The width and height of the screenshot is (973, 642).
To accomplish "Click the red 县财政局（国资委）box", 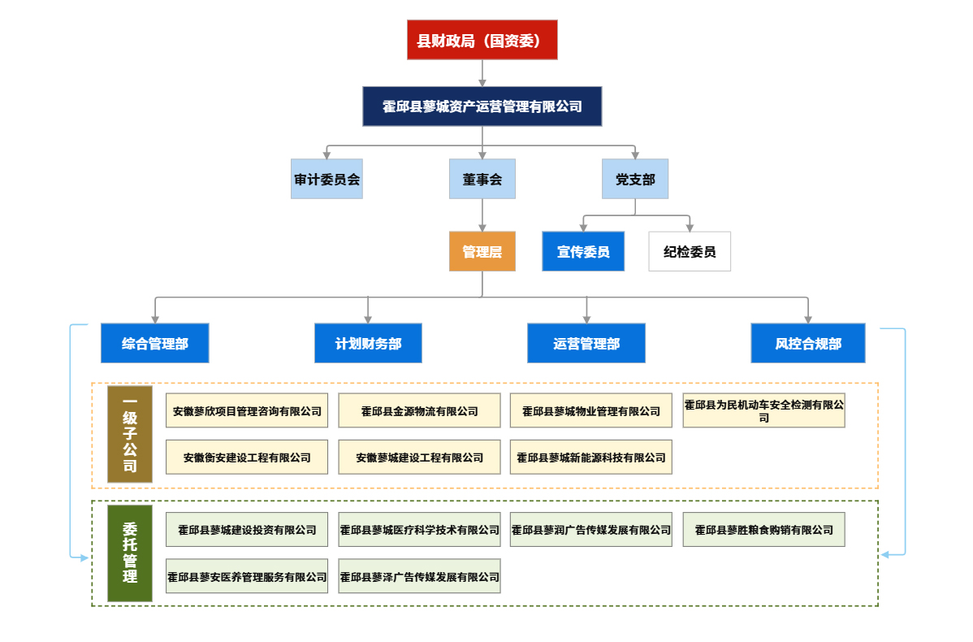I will coord(482,41).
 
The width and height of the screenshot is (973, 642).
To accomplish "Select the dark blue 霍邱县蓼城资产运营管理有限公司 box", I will coord(482,106).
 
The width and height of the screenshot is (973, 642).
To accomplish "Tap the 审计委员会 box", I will coord(326,179).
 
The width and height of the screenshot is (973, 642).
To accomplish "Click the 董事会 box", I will coord(482,179).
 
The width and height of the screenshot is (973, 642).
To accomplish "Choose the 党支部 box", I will coord(634,179).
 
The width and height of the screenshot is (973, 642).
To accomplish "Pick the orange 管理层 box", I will coord(482,252).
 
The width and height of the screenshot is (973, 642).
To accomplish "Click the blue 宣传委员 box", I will coord(583,252).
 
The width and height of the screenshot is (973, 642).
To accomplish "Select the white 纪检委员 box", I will coord(690,252).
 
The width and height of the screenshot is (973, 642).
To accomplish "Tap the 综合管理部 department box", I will coord(155,344).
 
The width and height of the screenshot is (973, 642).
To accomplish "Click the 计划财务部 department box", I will coord(369,344).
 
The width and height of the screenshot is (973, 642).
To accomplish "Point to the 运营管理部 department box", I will coord(586,344).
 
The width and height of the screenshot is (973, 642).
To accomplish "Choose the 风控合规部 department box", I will coord(808,344).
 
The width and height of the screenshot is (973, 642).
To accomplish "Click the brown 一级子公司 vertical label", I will coord(130,435).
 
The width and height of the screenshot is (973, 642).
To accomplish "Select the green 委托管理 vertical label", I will coord(130,553).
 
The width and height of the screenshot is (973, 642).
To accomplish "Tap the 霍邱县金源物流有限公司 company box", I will coord(420,411).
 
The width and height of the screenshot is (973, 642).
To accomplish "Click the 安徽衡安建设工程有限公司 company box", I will coord(247,458).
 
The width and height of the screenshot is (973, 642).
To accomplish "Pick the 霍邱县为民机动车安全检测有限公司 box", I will coord(763,410).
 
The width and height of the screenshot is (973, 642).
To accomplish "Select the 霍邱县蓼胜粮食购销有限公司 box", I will coord(763,530).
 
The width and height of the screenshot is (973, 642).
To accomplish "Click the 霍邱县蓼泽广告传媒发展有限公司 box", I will coord(420,576).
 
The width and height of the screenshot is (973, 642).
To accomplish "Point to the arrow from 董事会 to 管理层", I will coord(482,215).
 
